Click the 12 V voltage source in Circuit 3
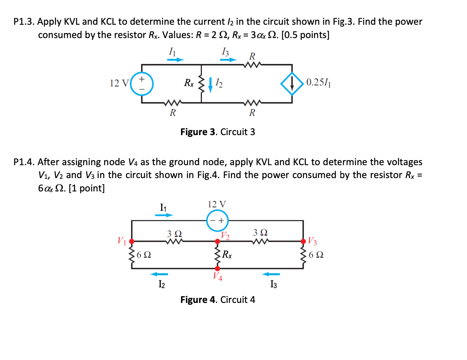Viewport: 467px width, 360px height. pyautogui.click(x=142, y=83)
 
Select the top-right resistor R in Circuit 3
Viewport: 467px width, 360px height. pyautogui.click(x=251, y=64)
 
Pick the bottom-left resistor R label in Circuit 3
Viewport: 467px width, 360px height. pyautogui.click(x=173, y=113)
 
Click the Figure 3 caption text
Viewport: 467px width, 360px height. pyautogui.click(x=218, y=132)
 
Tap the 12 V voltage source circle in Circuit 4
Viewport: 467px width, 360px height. pyautogui.click(x=217, y=220)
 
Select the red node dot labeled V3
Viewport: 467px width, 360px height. pyautogui.click(x=304, y=241)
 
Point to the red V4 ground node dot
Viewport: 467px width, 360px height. pyautogui.click(x=218, y=268)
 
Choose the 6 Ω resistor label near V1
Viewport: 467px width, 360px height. pyautogui.click(x=144, y=255)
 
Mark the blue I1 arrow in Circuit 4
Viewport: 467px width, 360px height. pyautogui.click(x=164, y=215)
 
